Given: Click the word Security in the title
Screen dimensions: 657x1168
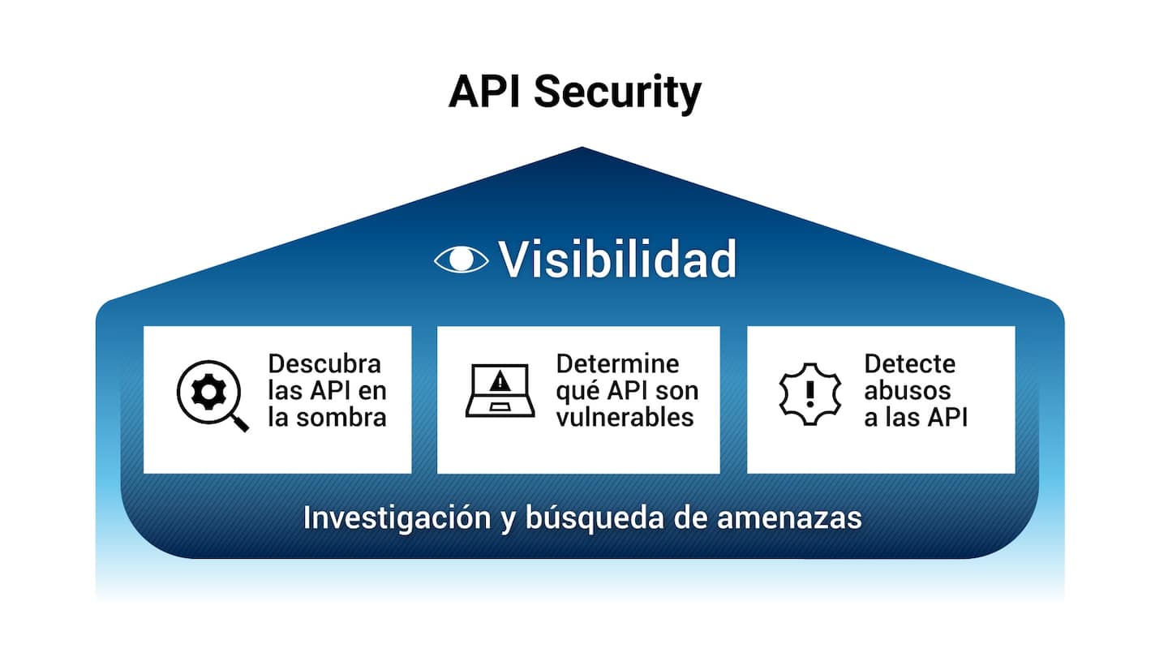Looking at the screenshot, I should [616, 93].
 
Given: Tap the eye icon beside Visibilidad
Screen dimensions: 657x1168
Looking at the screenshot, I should [462, 259].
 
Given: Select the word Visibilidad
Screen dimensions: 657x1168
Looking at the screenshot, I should [617, 259].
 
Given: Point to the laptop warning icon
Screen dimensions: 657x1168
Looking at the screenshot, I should [500, 391].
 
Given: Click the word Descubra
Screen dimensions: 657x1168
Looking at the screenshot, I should [324, 364].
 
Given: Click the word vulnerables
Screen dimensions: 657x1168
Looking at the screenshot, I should [625, 417].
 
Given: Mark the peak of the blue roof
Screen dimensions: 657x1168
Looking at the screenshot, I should [582, 148].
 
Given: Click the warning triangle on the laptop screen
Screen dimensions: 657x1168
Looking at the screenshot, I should [500, 380].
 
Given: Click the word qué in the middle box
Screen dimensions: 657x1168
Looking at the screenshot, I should [578, 390].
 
